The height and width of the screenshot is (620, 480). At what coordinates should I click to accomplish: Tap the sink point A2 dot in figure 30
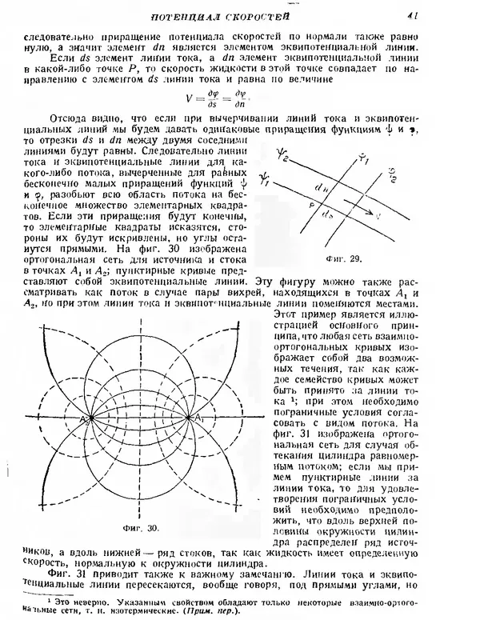90,418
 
